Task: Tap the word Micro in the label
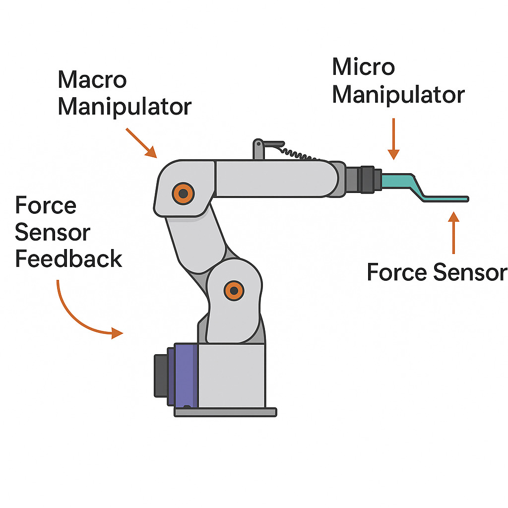(x=363, y=66)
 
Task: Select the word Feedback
(x=68, y=259)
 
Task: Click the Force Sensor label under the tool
(x=437, y=272)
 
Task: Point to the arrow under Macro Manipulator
(x=141, y=143)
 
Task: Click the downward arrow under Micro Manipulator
(x=393, y=139)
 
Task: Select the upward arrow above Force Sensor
(x=453, y=233)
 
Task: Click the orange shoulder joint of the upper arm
(x=183, y=193)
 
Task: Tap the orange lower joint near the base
(x=233, y=290)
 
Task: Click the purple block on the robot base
(x=184, y=375)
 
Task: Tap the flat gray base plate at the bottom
(x=225, y=412)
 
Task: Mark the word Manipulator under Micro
(x=398, y=94)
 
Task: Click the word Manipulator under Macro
(x=124, y=107)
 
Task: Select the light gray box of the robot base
(x=231, y=375)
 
